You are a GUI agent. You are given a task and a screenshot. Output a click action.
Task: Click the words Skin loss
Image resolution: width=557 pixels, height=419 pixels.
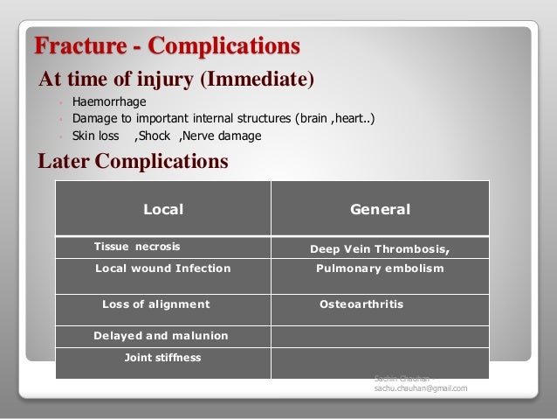click(x=96, y=136)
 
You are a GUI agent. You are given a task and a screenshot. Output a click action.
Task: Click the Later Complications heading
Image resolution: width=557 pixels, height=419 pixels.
click(x=133, y=162)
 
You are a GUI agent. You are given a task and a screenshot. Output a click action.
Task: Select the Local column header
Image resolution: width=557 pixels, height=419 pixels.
click(x=162, y=209)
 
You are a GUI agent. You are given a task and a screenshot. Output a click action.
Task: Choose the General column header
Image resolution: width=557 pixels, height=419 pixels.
click(x=380, y=209)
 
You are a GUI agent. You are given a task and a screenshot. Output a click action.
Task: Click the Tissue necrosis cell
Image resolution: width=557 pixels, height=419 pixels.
click(x=137, y=248)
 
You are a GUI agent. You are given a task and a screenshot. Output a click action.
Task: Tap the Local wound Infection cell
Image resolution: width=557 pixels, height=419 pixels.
click(x=162, y=269)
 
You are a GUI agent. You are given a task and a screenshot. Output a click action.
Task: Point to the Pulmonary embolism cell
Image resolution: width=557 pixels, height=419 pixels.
click(x=380, y=269)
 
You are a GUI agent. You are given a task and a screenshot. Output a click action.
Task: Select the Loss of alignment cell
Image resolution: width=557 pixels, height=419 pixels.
click(x=156, y=304)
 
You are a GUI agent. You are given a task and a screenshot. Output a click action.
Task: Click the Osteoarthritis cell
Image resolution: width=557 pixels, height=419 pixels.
click(x=361, y=304)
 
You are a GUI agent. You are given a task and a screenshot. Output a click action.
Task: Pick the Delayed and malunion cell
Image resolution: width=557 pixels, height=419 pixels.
click(x=161, y=335)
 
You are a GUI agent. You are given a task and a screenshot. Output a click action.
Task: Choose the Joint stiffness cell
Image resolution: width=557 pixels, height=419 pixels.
click(x=162, y=358)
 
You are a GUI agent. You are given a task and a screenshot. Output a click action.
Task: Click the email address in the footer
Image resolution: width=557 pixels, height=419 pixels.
click(x=420, y=388)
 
